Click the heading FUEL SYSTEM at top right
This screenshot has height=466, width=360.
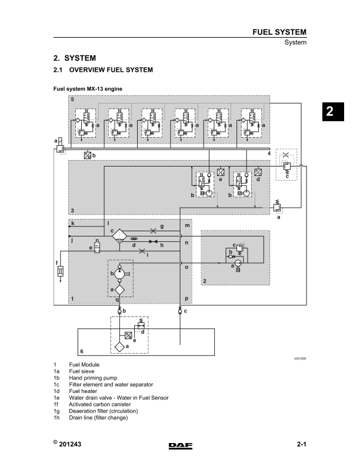click(x=278, y=32)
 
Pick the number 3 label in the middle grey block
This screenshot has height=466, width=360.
click(x=72, y=210)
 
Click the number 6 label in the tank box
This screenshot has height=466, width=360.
click(x=81, y=349)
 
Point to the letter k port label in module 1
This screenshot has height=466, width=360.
click(x=72, y=224)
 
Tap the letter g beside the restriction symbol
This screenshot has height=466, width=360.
click(x=162, y=227)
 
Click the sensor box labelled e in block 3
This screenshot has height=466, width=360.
click(x=220, y=172)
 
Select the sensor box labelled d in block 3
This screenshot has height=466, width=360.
click(x=258, y=172)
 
